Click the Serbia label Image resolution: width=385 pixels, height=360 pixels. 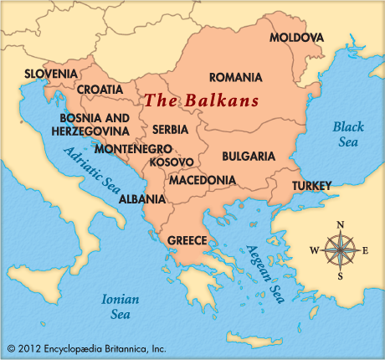point(170,130)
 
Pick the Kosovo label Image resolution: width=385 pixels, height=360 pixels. point(172,162)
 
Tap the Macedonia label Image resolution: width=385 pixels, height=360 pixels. point(202,180)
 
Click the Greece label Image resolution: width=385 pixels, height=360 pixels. point(187,240)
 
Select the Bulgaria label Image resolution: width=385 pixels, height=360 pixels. point(249,156)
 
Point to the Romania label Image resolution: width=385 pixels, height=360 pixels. point(235,77)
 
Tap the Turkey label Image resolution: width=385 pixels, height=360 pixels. point(311,185)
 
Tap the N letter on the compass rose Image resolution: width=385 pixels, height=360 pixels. point(340,224)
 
